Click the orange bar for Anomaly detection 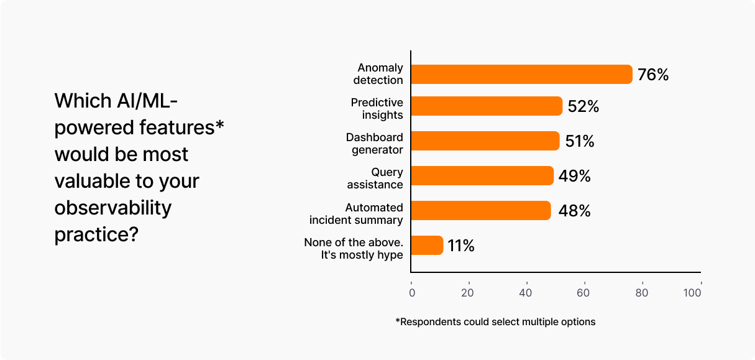521,74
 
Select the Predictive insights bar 487,106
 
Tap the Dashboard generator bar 485,141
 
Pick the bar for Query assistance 482,176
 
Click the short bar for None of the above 427,246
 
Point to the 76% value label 653,75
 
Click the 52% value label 583,107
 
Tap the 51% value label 580,142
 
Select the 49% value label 574,177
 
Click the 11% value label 461,246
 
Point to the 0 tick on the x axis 411,292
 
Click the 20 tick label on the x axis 468,292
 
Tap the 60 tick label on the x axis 584,292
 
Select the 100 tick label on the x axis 692,292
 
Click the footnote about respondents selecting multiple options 495,322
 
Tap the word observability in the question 112,208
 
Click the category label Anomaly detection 378,73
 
